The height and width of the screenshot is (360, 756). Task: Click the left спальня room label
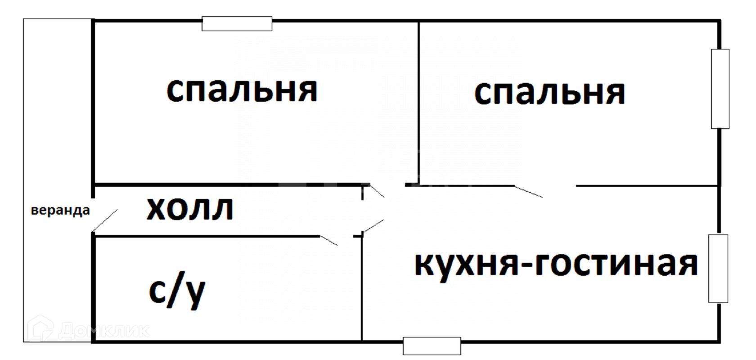(242, 90)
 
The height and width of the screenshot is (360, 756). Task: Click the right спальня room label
(549, 93)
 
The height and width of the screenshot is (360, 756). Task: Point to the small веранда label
(60, 211)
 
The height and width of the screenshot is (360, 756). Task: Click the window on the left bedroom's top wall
(237, 23)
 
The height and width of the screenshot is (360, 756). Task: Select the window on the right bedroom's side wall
(720, 89)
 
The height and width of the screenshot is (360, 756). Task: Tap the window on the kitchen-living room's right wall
(718, 268)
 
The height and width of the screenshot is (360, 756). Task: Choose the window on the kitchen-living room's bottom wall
(432, 346)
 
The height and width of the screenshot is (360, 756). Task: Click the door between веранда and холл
(104, 220)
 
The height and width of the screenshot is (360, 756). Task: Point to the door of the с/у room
(329, 240)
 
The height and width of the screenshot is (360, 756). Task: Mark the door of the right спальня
(529, 191)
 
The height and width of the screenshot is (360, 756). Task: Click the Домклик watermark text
(103, 331)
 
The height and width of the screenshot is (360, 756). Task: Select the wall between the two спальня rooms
(419, 103)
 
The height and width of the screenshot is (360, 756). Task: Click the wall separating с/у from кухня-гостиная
(362, 288)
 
